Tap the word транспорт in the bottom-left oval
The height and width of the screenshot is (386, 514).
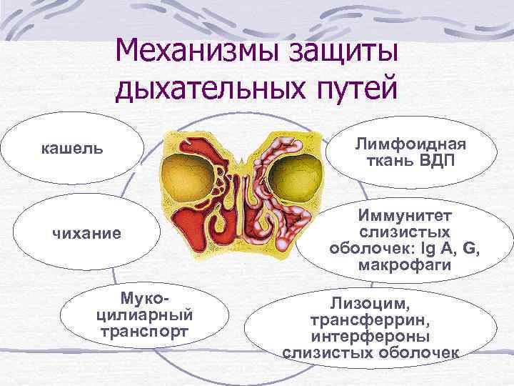[x=145, y=332]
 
